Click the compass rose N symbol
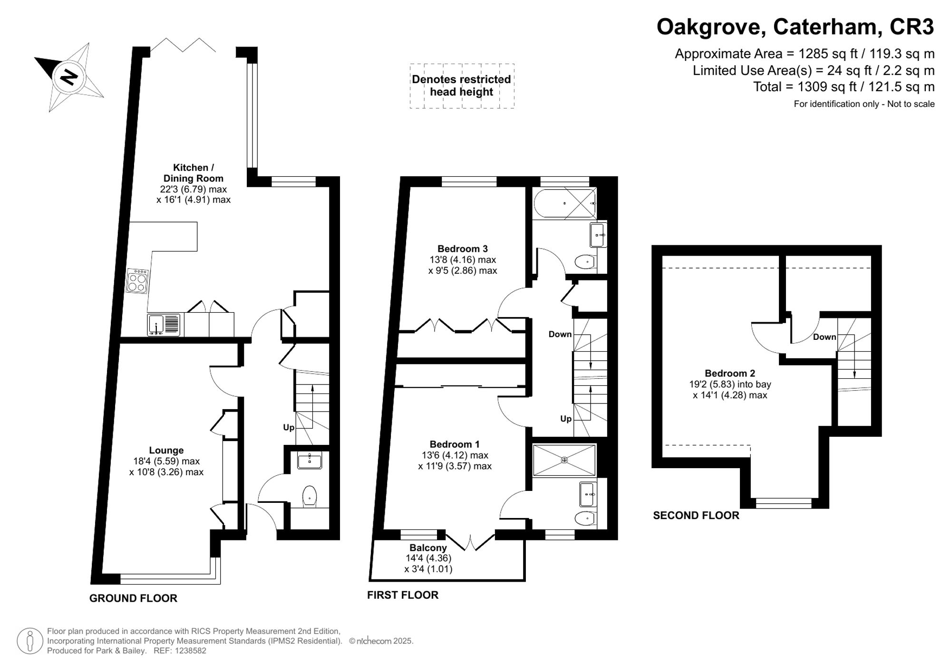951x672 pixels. point(69,77)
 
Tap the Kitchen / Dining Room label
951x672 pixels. point(193,173)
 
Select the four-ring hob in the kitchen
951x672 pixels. point(137,281)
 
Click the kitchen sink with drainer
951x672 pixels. point(164,325)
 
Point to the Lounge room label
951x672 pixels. point(166,450)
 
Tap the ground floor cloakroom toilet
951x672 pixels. point(310,496)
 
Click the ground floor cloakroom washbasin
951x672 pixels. point(309,460)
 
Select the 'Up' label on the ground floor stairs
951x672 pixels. point(289,427)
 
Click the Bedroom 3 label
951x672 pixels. point(462,249)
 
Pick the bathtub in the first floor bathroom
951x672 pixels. point(564,203)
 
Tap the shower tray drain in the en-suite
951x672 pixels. point(564,460)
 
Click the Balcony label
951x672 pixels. point(428,547)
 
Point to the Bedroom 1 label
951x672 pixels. point(454,444)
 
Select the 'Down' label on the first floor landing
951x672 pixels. point(560,334)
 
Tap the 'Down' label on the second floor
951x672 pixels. point(824,337)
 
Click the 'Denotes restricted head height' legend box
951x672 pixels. point(461,86)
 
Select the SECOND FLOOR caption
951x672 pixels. point(696,515)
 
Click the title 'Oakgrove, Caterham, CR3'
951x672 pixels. point(795,27)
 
